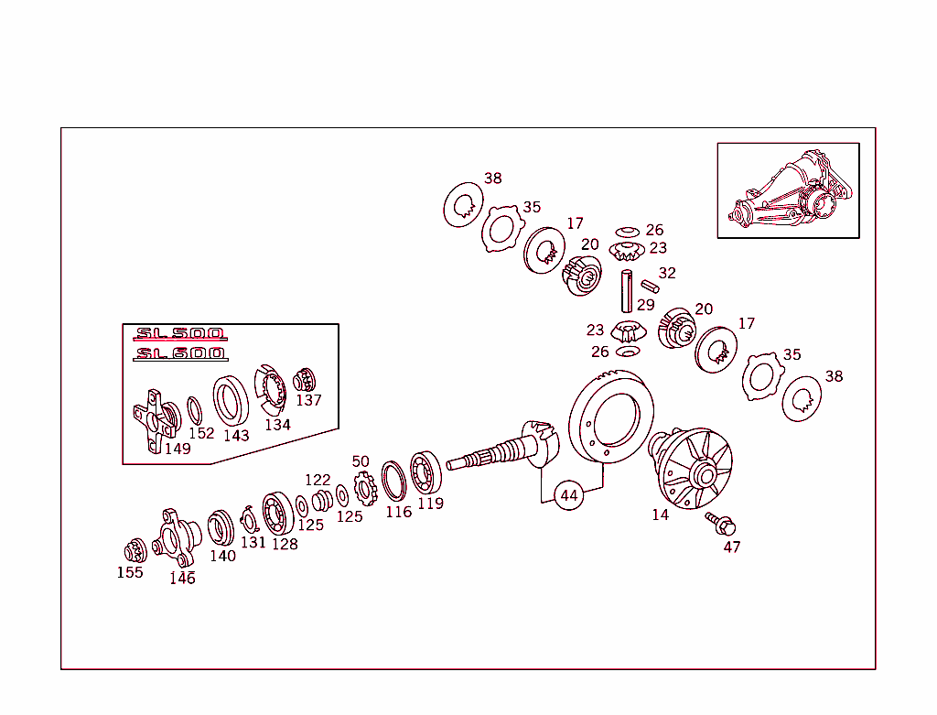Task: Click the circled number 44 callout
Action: point(569,495)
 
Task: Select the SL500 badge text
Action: point(180,335)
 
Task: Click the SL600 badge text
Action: point(180,353)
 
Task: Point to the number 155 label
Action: point(130,573)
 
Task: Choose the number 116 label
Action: point(398,513)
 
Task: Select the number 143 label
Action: point(236,436)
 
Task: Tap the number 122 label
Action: point(318,481)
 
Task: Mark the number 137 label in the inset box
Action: point(308,400)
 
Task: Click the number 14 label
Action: point(661,515)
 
